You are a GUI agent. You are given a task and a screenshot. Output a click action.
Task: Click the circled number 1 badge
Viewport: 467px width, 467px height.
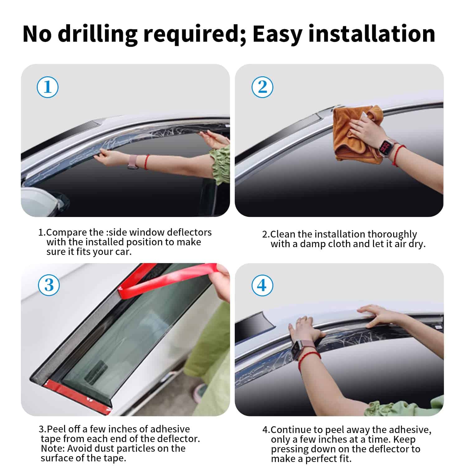(48, 87)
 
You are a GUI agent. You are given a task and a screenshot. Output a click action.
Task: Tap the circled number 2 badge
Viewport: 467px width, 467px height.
(262, 87)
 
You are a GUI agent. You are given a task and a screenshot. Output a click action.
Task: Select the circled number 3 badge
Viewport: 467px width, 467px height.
(49, 285)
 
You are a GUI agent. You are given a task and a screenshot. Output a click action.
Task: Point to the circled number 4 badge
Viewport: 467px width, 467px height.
(262, 285)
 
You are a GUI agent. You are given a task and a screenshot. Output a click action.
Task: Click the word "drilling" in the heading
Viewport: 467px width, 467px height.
(98, 34)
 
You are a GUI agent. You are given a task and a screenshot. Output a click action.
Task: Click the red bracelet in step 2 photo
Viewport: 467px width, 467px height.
(397, 156)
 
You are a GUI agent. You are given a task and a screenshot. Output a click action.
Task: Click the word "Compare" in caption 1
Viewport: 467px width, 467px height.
(66, 233)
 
